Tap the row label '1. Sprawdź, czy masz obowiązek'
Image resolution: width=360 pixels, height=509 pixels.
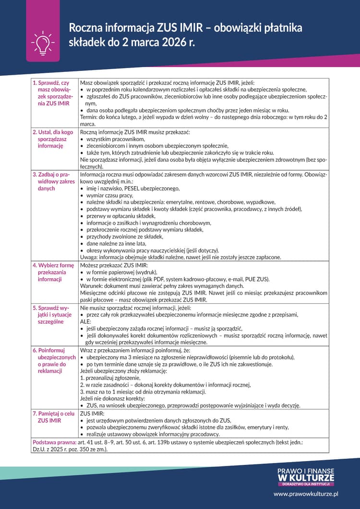click(51, 93)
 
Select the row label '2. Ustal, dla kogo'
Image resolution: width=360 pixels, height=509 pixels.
click(51, 139)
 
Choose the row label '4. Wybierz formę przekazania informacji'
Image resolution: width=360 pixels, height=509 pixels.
click(51, 272)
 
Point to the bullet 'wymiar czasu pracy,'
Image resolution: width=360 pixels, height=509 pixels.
click(110, 196)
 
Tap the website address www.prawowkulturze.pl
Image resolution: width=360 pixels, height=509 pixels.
click(306, 493)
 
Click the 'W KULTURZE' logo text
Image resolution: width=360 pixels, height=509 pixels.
click(306, 477)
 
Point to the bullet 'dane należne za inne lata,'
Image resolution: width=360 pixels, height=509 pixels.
click(117, 244)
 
